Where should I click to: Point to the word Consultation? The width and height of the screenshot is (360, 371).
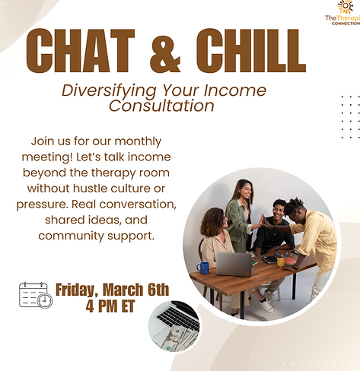(x=161, y=106)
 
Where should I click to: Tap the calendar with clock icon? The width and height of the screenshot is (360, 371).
(x=35, y=294)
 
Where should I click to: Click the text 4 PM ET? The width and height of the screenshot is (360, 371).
(x=112, y=306)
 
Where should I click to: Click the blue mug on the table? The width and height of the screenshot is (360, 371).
(x=203, y=267)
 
